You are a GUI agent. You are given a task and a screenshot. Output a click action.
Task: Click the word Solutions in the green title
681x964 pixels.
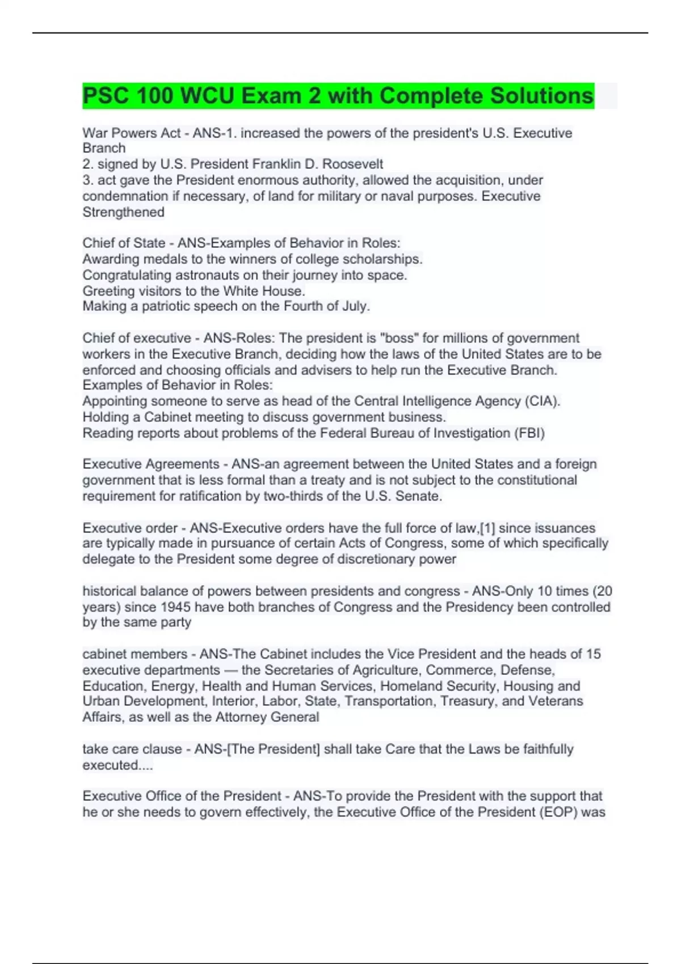click(x=541, y=96)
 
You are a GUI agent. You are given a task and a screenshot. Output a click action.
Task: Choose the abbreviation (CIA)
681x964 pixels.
click(x=543, y=401)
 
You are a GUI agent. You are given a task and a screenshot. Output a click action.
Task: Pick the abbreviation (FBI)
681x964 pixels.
click(x=529, y=433)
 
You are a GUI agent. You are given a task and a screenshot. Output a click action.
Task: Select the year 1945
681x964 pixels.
click(x=175, y=607)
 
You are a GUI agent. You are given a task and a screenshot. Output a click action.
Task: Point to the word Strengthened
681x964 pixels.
click(x=123, y=212)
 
